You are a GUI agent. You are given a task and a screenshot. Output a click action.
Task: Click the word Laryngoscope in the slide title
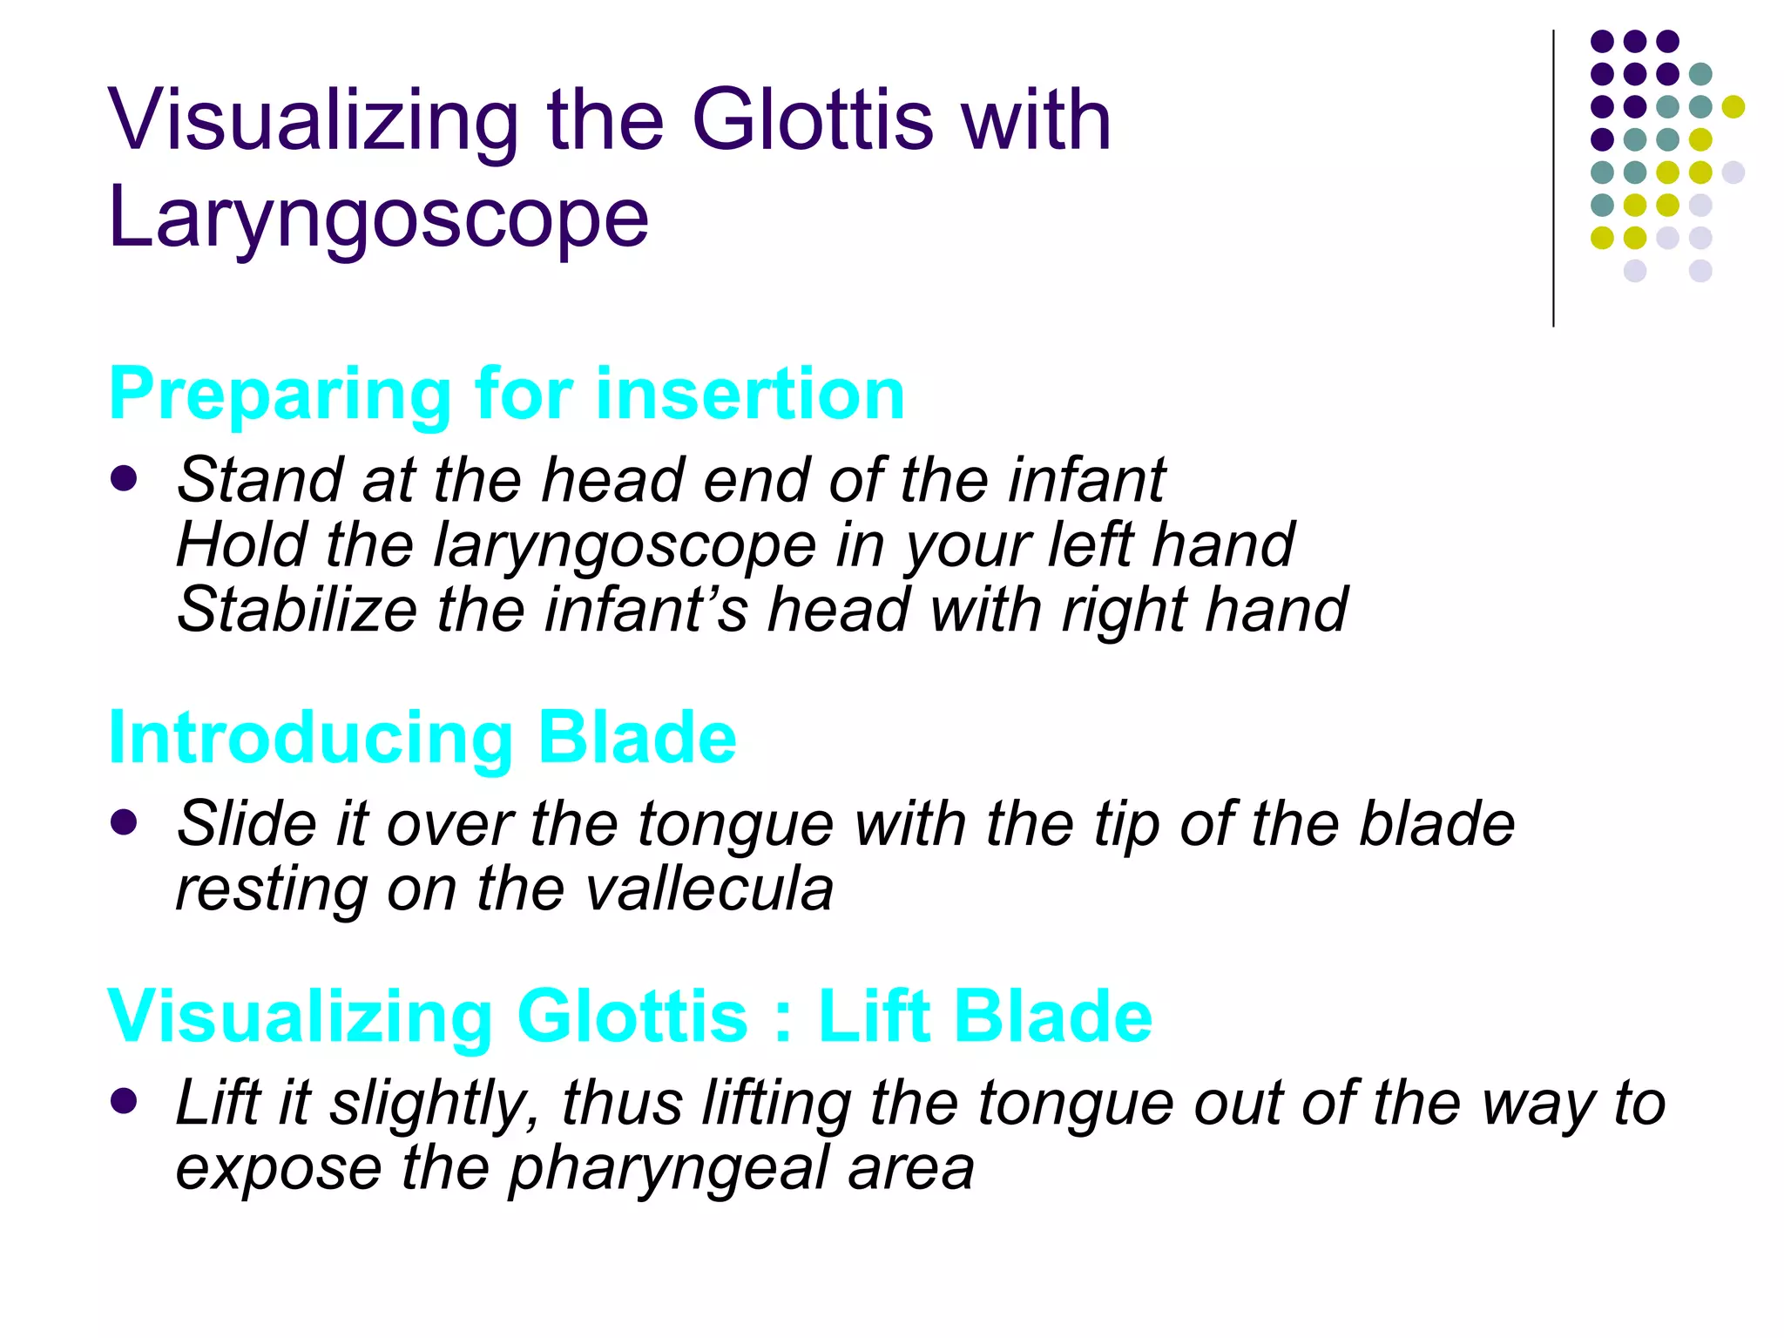(378, 218)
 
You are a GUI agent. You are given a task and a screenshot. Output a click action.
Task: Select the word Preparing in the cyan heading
(278, 395)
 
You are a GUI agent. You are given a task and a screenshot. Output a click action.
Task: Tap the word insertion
(750, 395)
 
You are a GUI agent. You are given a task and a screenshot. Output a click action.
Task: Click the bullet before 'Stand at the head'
(125, 478)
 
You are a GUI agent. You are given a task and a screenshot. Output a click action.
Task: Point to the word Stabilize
(296, 609)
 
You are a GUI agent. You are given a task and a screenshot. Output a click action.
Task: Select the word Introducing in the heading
(309, 738)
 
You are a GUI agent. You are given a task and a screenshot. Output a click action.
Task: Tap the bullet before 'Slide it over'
(125, 822)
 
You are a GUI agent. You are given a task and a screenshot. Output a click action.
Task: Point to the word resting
(271, 889)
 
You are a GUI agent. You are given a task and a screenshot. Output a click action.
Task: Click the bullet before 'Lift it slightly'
(125, 1101)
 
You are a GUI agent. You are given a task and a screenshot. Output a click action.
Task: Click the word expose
(279, 1169)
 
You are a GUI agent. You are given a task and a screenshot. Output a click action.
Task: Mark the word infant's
(645, 609)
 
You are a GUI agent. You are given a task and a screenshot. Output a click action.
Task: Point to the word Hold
(240, 544)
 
